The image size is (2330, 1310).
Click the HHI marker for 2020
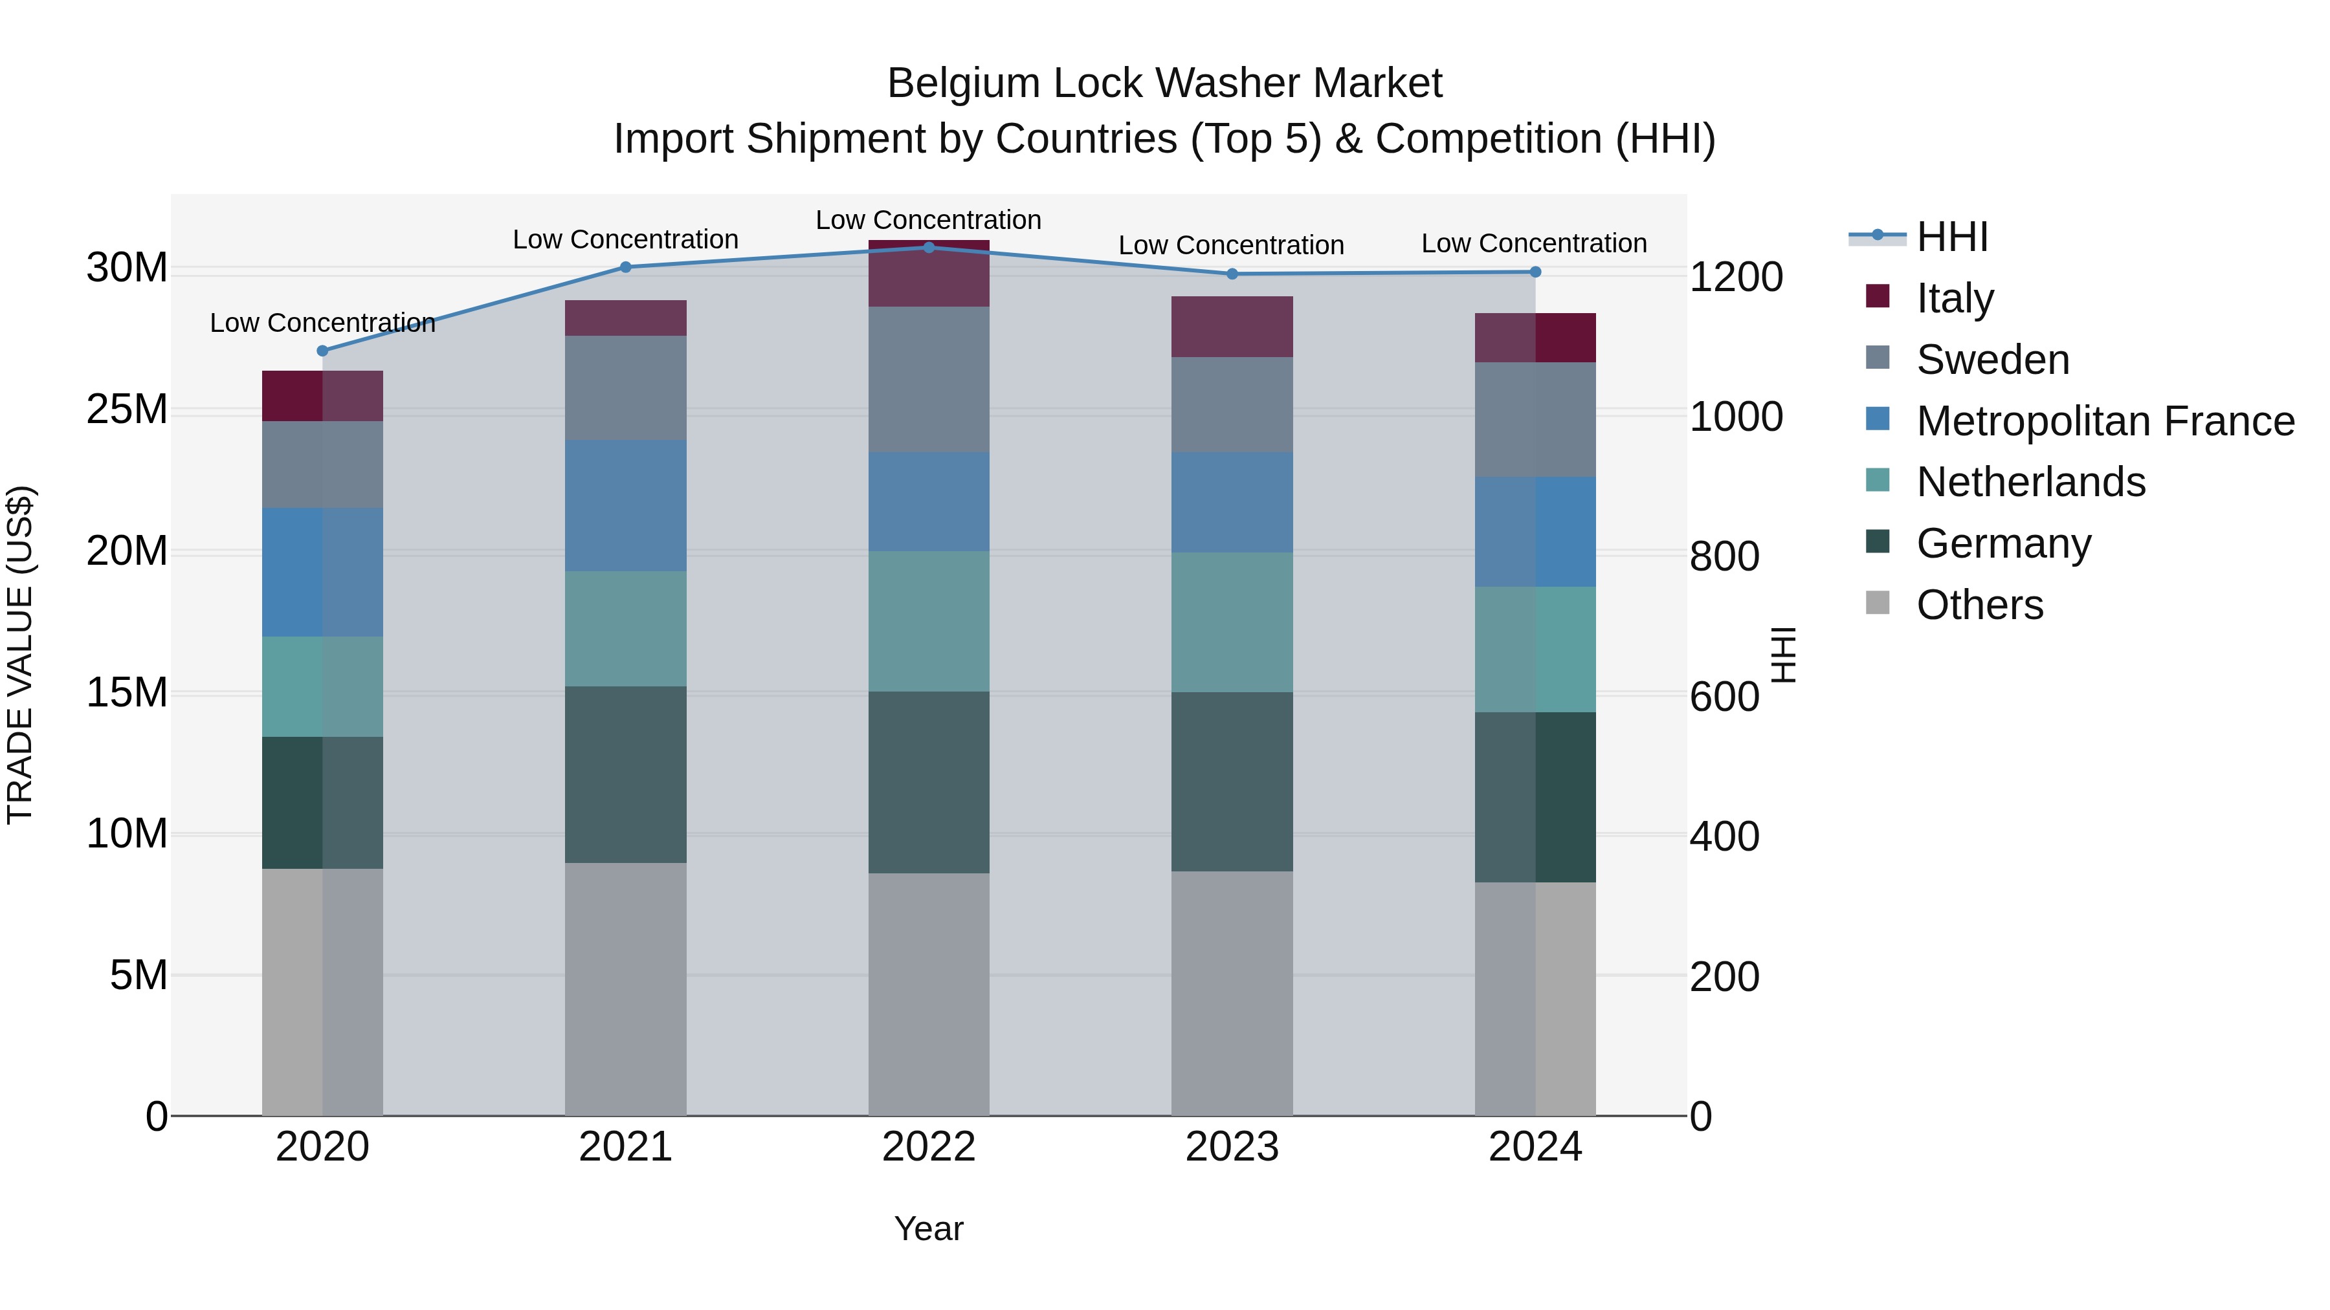click(x=322, y=351)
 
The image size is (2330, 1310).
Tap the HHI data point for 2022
click(x=928, y=248)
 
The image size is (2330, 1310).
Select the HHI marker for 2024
click(x=1535, y=272)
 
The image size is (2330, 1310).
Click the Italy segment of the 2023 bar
click(x=1231, y=327)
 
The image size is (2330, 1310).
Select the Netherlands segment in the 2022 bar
click(x=928, y=621)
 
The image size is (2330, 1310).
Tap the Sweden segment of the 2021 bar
click(x=625, y=388)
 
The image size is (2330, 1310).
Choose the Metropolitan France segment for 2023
click(x=1231, y=503)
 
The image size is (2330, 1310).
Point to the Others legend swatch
click(x=1877, y=603)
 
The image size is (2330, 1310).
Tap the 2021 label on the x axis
click(x=625, y=1147)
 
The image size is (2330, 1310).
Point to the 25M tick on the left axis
click(x=127, y=409)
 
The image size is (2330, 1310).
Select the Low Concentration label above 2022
click(x=928, y=220)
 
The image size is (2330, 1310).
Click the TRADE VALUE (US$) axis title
click(x=20, y=655)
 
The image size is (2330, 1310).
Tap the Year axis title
click(x=928, y=1228)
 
